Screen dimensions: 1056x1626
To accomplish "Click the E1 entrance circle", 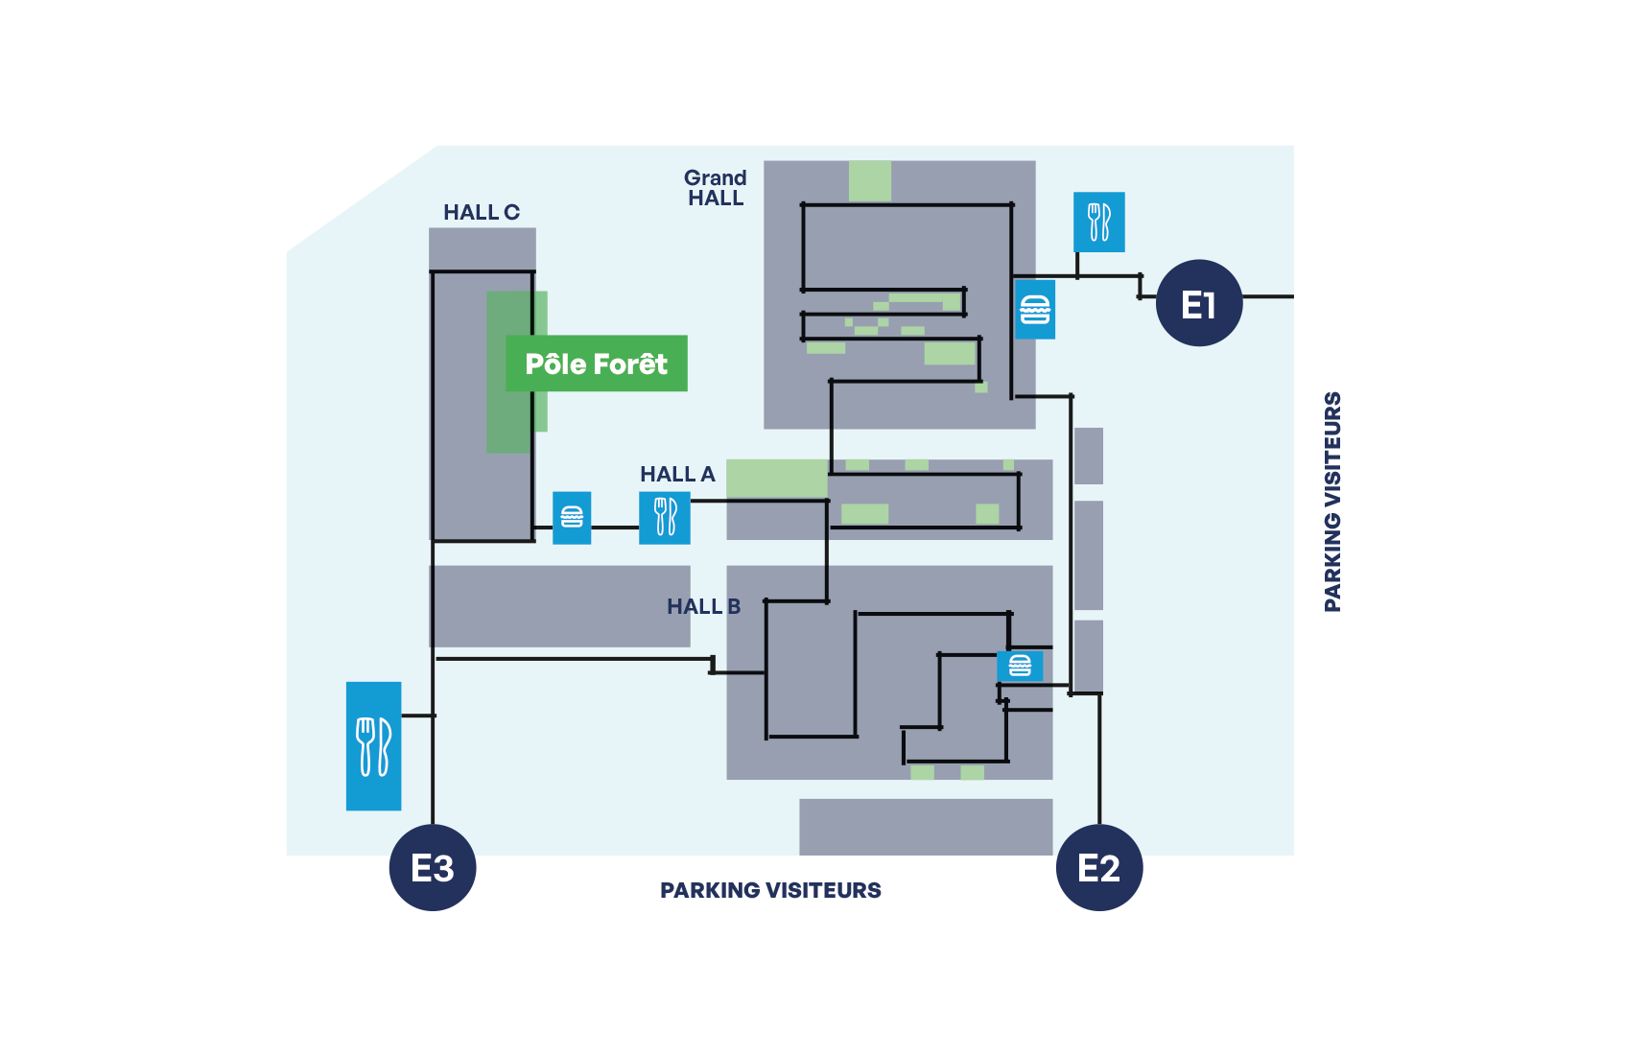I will pos(1198,303).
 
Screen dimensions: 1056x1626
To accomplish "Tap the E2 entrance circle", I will pos(1098,867).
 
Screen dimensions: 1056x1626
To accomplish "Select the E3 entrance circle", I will pos(432,867).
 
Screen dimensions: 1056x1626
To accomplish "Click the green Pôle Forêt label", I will pos(596,364).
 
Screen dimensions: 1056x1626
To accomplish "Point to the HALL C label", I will pos(481,212).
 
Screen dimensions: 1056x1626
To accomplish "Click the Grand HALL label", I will pos(715,188).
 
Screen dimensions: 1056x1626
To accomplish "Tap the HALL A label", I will pos(677,474).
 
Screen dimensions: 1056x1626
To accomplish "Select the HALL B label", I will pos(703,606).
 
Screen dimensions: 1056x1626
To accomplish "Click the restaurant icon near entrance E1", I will pos(1098,222).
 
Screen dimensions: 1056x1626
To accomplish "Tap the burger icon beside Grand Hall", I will pos(1035,309).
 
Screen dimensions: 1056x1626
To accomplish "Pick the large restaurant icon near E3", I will pos(373,745).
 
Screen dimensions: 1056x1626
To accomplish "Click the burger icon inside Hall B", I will pos(1020,666).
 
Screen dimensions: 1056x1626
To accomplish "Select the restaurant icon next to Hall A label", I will pos(665,517).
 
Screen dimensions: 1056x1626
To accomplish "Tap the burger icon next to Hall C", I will pos(572,517).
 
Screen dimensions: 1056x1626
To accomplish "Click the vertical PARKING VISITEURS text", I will pos(1331,501).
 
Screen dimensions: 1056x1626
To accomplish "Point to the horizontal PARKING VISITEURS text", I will pos(770,890).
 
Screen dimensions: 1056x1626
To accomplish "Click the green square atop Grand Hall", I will pos(870,180).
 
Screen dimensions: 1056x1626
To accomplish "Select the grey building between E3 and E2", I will pos(926,826).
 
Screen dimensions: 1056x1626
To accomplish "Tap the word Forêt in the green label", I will pos(630,364).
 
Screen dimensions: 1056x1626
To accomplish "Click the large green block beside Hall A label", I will pos(777,477).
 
